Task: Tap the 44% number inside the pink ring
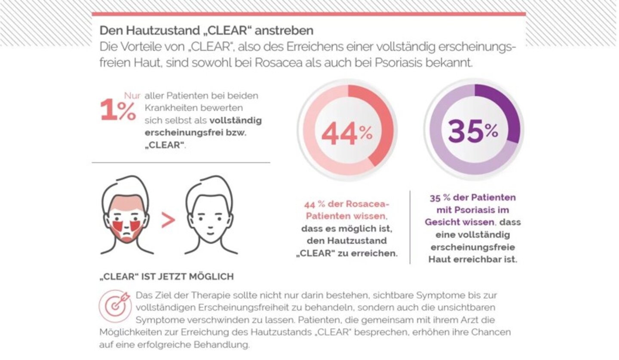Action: (x=347, y=134)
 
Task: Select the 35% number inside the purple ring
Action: (x=473, y=131)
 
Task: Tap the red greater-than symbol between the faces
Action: (x=168, y=220)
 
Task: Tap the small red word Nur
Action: (x=132, y=96)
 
